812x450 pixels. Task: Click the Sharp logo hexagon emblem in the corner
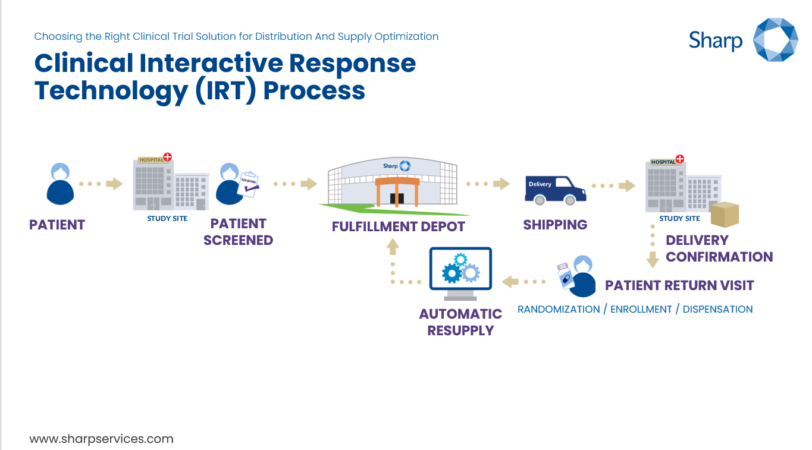775,39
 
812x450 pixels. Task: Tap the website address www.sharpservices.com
101,439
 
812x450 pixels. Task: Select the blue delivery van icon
554,189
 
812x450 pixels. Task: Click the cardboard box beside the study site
725,215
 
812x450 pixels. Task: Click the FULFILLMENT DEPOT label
398,226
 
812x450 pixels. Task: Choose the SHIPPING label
555,225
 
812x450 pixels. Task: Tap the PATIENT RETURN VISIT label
679,285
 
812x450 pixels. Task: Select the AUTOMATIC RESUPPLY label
460,322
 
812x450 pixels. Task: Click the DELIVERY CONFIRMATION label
719,248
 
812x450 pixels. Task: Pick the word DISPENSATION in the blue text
717,309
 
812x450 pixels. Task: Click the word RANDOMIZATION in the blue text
559,309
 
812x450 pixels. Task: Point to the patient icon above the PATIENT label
60,184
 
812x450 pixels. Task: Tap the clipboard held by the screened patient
249,185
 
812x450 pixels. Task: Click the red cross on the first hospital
168,158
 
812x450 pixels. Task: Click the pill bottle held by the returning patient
564,276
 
